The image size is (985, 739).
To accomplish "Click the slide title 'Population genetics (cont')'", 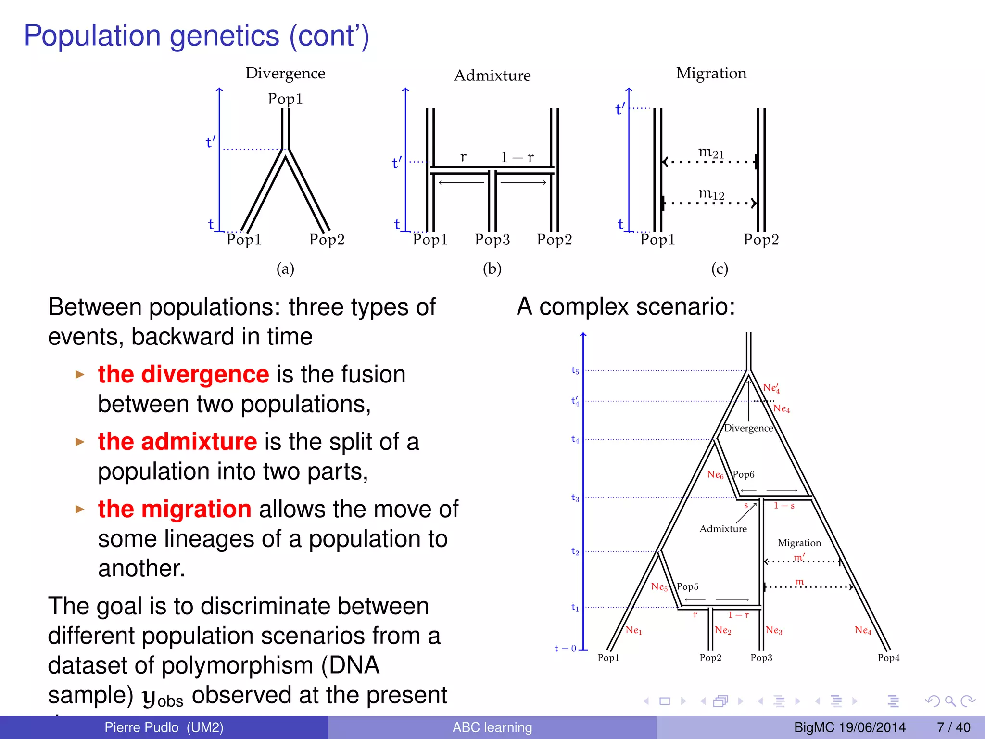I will [196, 36].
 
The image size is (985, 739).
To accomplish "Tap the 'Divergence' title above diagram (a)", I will [285, 73].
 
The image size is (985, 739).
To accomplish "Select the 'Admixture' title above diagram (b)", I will [492, 76].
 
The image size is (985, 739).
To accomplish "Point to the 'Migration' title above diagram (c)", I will [711, 73].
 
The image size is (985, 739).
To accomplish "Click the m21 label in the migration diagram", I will [711, 153].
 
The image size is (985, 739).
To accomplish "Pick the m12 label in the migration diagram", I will [711, 194].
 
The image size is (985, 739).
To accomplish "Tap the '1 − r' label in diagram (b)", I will [517, 157].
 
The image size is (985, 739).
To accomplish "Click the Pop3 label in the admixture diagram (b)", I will [492, 239].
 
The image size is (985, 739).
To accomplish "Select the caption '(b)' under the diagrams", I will [492, 268].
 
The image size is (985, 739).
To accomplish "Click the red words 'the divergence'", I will [183, 374].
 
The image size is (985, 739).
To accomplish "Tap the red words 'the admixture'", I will [177, 442].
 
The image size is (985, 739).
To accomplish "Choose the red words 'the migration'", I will [175, 509].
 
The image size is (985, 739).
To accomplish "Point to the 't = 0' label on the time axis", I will [565, 649].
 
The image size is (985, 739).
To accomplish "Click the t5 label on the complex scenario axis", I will [575, 370].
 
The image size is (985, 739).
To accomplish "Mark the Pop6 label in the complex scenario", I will [744, 474].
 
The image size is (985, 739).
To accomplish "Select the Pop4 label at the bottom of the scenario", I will [888, 658].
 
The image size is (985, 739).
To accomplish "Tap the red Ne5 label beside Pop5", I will [659, 586].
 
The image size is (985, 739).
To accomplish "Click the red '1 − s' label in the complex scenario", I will [784, 506].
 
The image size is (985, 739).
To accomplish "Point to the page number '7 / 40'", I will [953, 727].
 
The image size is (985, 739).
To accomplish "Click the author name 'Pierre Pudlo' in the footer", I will [141, 727].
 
